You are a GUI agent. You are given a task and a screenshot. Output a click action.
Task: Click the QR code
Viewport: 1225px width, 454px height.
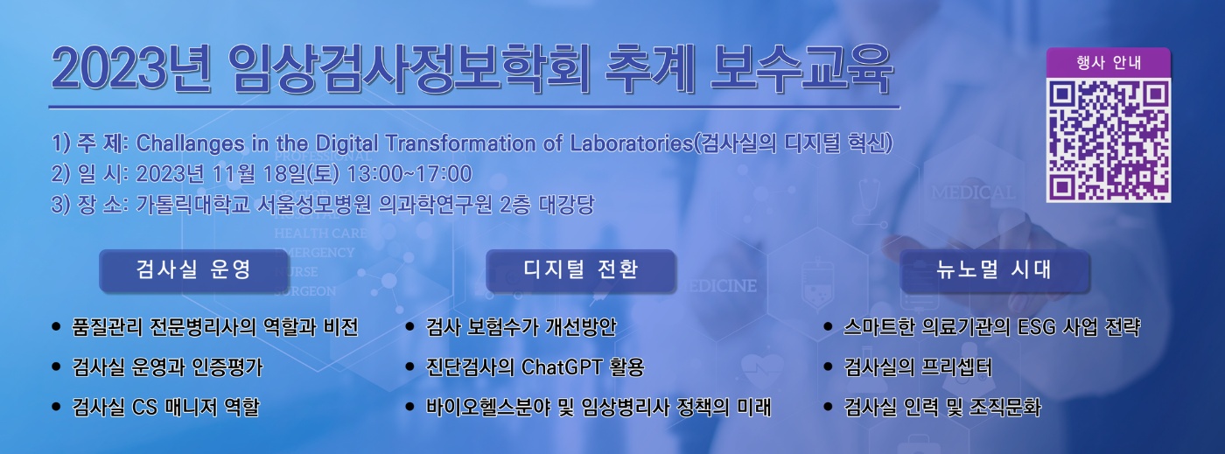1109,141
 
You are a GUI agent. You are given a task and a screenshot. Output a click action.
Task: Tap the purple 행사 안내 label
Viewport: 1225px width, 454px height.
1109,62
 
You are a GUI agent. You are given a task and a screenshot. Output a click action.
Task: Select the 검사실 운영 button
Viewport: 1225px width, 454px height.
193,270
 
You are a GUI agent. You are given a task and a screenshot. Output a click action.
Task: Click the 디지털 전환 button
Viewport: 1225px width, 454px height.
580,270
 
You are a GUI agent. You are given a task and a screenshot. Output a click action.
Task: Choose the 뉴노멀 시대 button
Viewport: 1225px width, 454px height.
995,270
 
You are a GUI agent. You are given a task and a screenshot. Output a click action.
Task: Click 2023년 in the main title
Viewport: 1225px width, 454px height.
130,71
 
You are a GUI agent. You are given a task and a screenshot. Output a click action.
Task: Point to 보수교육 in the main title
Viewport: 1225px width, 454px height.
801,71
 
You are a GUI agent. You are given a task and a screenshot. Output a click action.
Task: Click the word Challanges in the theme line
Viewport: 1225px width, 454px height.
190,143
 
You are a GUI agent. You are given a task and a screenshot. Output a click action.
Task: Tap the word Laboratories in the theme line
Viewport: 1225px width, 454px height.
631,143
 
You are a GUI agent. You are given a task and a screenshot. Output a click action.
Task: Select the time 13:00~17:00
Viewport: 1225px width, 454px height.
409,174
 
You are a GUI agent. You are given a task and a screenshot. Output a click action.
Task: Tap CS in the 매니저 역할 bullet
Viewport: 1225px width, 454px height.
144,408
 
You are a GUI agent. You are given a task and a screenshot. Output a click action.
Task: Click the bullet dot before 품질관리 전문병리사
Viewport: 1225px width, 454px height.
56,327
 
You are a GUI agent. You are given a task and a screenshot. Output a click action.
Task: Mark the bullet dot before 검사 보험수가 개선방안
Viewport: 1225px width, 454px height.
410,327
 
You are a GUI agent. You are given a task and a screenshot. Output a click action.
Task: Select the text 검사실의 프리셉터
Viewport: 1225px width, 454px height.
918,367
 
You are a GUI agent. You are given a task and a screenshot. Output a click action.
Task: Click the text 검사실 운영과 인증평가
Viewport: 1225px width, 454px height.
167,367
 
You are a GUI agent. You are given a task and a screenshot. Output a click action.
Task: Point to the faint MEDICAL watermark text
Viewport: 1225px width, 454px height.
973,192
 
